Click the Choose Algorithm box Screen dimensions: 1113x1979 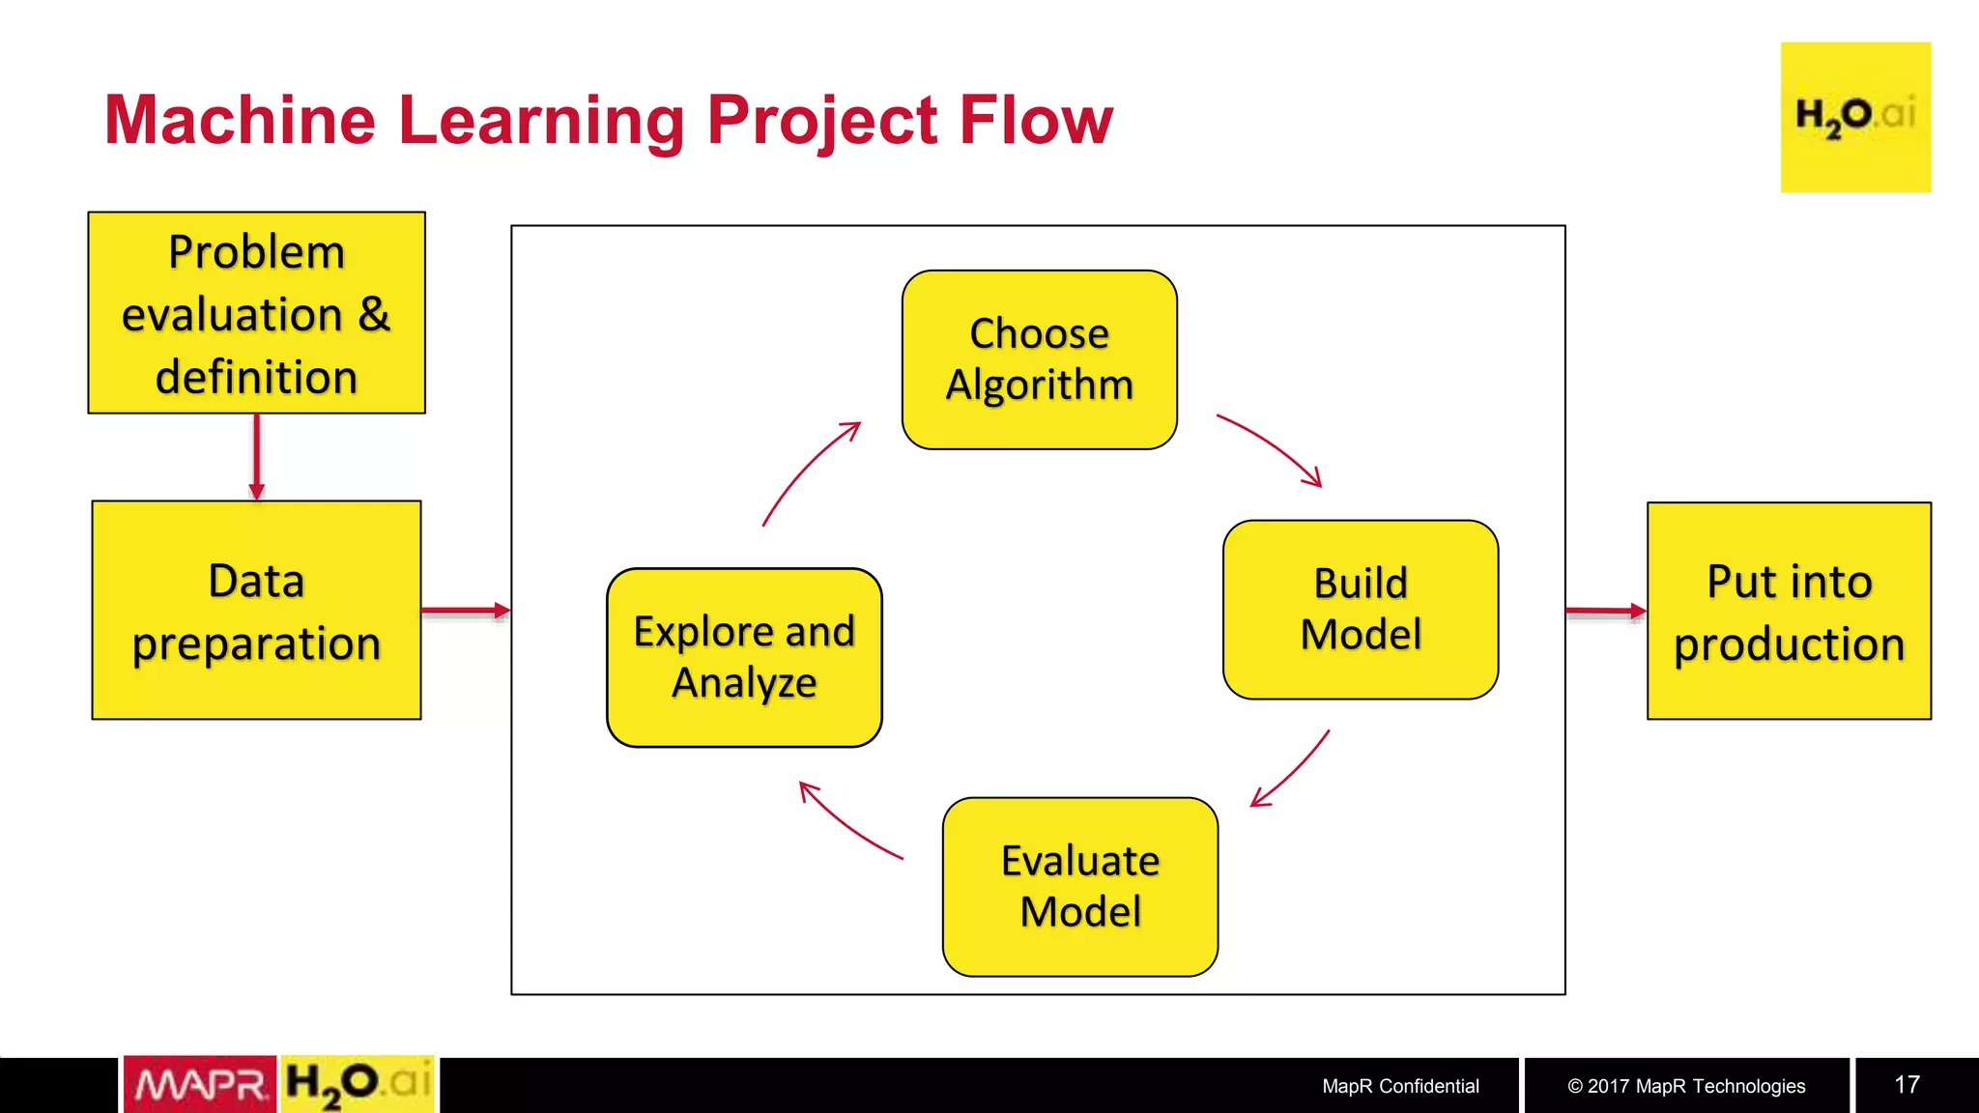1039,359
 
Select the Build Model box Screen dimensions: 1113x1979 1360,610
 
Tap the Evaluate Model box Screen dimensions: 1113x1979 1079,886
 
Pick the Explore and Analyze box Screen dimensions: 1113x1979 744,657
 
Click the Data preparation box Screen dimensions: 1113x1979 256,611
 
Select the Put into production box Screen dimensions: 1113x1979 1789,611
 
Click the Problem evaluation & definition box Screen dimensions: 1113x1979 256,313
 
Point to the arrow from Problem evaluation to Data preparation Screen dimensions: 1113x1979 256,456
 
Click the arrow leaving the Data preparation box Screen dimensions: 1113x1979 466,611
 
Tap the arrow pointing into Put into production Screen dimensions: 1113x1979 1605,611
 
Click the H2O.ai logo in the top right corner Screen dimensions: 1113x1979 1855,117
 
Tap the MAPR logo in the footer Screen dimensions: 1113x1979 200,1084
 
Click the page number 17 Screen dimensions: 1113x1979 1907,1085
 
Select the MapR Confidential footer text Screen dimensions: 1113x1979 1400,1086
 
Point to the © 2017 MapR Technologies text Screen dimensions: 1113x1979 1686,1086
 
